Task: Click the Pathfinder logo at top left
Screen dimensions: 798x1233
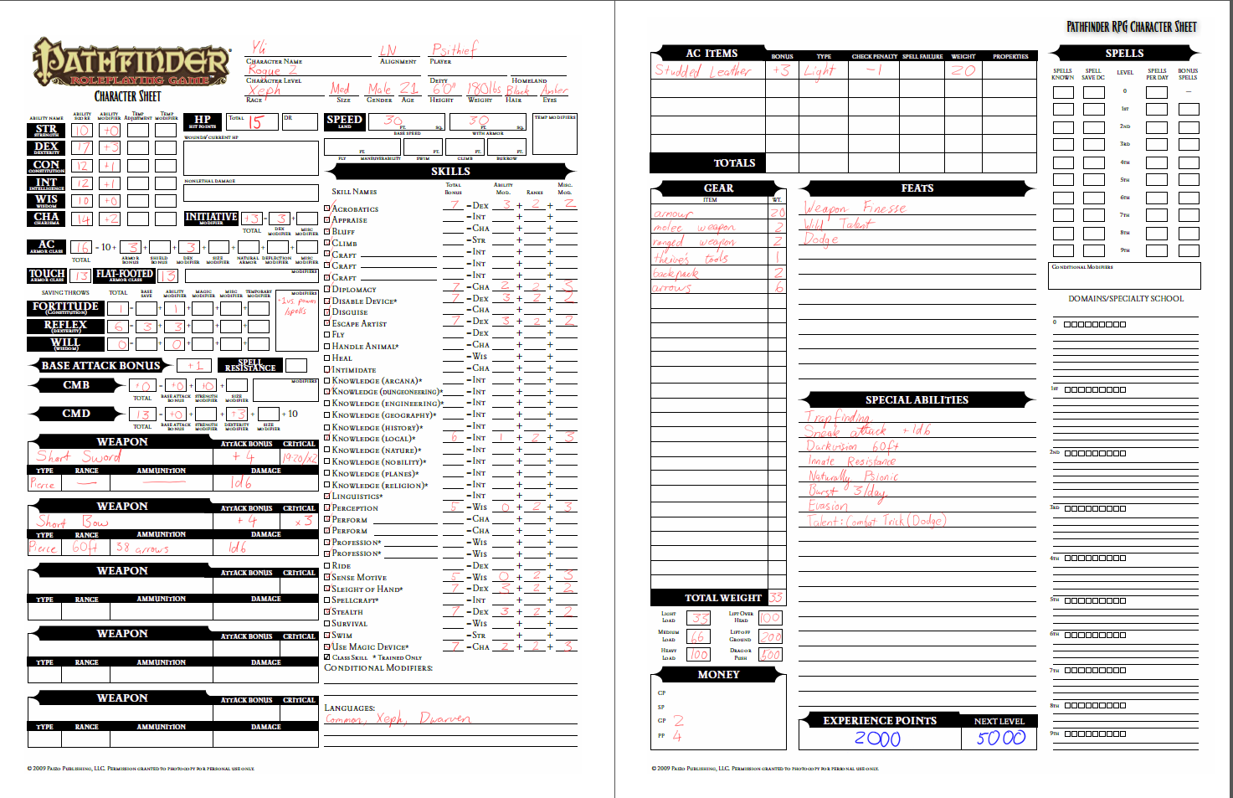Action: pos(131,64)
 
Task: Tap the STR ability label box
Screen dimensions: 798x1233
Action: pos(46,130)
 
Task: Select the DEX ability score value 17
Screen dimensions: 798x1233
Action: pos(82,148)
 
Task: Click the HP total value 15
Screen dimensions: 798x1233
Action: pos(255,122)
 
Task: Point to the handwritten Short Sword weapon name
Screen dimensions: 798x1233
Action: pos(79,456)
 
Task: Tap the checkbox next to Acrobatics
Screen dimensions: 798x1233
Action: pos(327,209)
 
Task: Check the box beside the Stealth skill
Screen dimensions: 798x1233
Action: pos(327,611)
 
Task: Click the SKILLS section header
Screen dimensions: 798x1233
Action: pos(450,171)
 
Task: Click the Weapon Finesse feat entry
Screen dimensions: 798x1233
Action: pos(854,208)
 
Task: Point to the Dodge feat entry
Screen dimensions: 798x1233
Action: pos(820,239)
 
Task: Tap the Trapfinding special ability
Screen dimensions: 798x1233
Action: pos(837,416)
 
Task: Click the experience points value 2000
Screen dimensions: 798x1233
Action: pos(877,739)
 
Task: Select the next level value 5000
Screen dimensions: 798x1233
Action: pos(1000,738)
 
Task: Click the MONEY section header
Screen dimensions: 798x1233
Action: pos(718,674)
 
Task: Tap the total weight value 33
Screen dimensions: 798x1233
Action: pos(776,597)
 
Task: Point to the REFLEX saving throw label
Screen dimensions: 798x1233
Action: pos(65,326)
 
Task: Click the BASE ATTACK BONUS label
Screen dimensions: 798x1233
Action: pos(100,365)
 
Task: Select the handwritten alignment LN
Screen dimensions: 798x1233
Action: pos(388,50)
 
